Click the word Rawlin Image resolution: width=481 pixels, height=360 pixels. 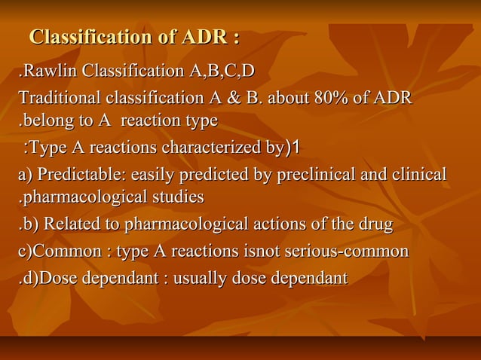coord(51,72)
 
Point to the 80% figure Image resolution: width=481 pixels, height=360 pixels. coord(338,99)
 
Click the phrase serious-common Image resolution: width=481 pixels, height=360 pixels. coord(357,251)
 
